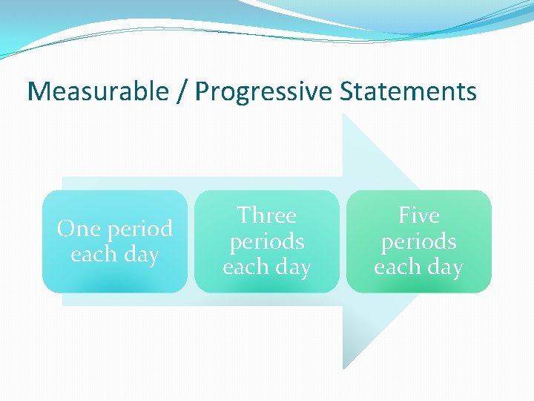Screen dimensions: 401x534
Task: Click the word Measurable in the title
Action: coord(97,92)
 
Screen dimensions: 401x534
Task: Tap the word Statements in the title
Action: coord(409,92)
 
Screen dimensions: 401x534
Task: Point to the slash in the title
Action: coord(182,92)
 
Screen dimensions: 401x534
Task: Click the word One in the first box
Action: coord(76,229)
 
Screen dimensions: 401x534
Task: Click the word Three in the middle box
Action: coord(266,215)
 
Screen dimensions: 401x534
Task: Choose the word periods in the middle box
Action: coord(267,242)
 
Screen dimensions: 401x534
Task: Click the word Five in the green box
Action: coord(419,215)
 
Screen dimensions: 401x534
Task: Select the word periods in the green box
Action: coord(419,242)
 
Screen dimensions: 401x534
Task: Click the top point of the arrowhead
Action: coord(343,114)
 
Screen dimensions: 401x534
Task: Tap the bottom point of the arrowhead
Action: coord(343,368)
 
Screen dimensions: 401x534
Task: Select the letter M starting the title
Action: coord(37,92)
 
